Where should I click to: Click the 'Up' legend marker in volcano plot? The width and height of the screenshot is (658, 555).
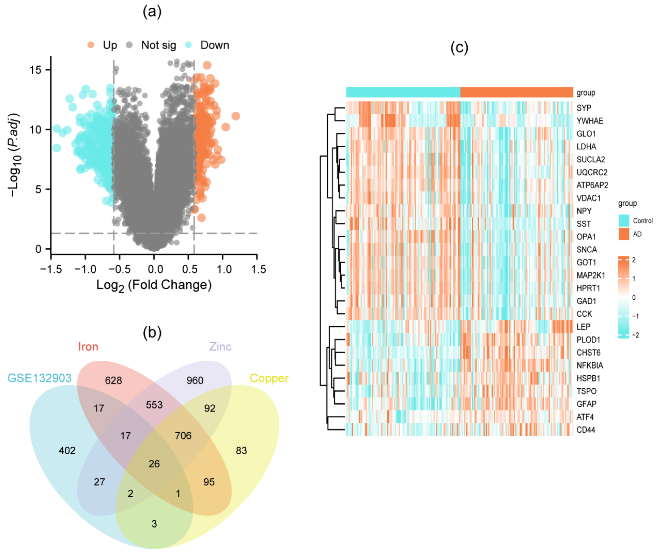click(90, 45)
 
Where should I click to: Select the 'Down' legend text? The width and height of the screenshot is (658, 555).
click(215, 45)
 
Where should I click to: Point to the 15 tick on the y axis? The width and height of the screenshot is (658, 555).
click(35, 69)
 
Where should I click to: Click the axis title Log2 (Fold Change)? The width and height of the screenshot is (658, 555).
click(154, 285)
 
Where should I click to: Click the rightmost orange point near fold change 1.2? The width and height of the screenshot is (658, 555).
click(236, 116)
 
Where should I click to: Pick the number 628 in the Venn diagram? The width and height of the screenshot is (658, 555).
click(113, 380)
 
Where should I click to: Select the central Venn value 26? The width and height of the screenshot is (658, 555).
click(154, 464)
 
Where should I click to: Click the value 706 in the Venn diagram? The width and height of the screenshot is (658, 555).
click(183, 435)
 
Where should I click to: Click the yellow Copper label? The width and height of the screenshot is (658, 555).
click(269, 378)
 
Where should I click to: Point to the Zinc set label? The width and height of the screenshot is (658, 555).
click(220, 346)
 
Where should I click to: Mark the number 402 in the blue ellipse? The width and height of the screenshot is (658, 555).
click(67, 451)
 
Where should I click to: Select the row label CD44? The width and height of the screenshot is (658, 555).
click(586, 430)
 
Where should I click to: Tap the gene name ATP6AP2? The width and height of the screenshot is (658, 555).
click(592, 185)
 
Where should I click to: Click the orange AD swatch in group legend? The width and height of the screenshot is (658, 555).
click(624, 234)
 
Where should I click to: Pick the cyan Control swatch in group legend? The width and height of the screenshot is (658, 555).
click(624, 220)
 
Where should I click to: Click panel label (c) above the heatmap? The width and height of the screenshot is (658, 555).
click(459, 48)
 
